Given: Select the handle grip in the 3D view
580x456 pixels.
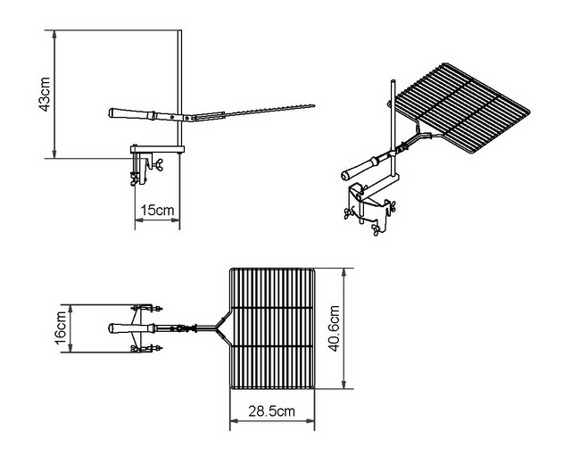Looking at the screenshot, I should pos(358,167).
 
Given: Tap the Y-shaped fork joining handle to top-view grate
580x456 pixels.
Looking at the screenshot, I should pos(217,327).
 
